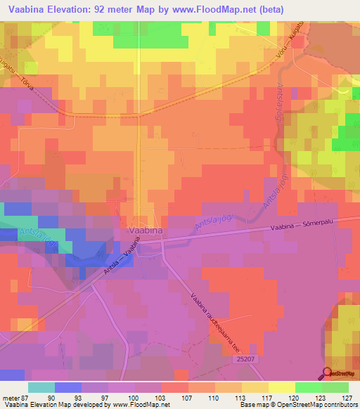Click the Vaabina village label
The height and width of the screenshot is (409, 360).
pos(146,230)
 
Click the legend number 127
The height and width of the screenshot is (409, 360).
pos(345,396)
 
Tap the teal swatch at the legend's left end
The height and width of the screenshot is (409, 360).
pos(41,387)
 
